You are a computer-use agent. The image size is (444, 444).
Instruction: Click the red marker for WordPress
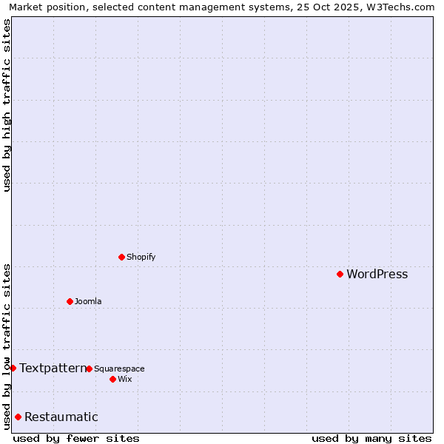(340, 274)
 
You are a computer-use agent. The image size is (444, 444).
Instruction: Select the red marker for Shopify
(121, 257)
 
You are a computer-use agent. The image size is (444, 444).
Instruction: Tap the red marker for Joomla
(70, 301)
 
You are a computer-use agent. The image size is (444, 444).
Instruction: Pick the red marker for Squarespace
(89, 369)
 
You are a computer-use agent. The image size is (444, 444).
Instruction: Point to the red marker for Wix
(112, 379)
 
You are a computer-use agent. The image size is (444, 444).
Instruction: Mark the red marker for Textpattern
(13, 368)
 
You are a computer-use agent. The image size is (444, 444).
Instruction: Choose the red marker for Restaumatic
(18, 417)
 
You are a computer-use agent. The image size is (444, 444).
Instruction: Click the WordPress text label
(377, 275)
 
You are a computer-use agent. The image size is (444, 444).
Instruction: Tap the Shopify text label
(141, 258)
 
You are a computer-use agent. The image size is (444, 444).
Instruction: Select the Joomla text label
(88, 302)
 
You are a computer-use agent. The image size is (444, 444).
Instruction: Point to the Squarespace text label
(119, 369)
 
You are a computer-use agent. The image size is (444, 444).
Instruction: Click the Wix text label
(124, 380)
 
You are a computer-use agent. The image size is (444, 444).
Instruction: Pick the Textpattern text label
(53, 368)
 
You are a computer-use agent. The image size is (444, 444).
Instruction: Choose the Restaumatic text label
(61, 417)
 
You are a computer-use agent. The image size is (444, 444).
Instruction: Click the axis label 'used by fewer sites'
(76, 438)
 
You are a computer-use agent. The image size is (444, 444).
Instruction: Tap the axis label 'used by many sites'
(371, 438)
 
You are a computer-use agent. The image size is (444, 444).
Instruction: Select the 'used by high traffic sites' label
(7, 105)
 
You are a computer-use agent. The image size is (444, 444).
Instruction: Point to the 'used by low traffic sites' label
(7, 346)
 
